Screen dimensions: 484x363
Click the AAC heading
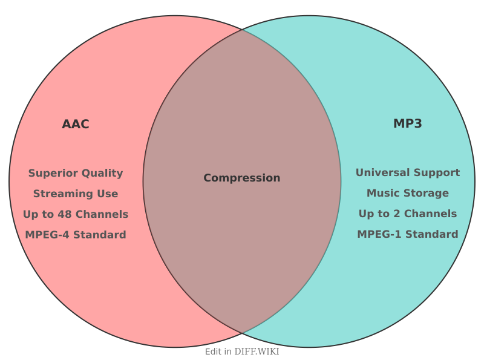tap(76, 125)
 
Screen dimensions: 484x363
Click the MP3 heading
tap(408, 124)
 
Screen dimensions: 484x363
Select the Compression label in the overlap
tap(242, 178)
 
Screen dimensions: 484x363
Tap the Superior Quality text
tap(76, 173)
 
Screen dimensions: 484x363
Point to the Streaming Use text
tap(76, 194)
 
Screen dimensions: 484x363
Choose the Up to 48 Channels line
tap(76, 214)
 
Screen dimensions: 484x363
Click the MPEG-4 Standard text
tap(76, 235)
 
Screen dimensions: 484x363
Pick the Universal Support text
tap(408, 172)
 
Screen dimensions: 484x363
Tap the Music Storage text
tap(408, 193)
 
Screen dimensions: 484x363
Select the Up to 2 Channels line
tap(408, 214)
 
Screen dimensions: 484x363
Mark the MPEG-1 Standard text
tap(408, 234)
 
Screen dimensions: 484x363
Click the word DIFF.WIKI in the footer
tap(257, 352)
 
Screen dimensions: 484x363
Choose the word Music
tap(382, 193)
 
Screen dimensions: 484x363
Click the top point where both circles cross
tap(242, 29)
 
